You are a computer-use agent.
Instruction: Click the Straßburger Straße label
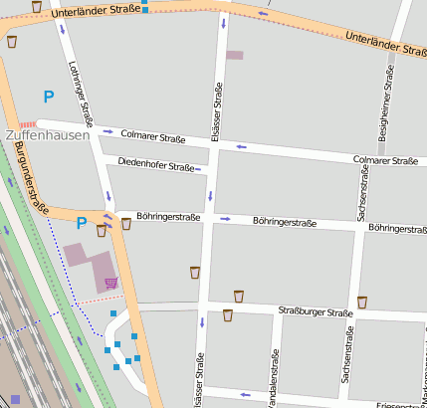pyautogui.click(x=316, y=312)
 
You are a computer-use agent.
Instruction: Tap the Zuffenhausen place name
pyautogui.click(x=47, y=133)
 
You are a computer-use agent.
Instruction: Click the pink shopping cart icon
pyautogui.click(x=111, y=284)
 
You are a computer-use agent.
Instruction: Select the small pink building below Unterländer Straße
pyautogui.click(x=234, y=55)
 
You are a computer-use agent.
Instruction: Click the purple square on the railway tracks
pyautogui.click(x=15, y=399)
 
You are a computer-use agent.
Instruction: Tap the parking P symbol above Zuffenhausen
pyautogui.click(x=48, y=98)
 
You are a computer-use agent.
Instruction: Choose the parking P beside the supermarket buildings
pyautogui.click(x=81, y=224)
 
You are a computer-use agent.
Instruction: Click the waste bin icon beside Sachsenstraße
pyautogui.click(x=361, y=302)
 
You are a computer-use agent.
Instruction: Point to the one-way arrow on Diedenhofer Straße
pyautogui.click(x=198, y=169)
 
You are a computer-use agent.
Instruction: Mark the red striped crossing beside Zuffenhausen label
pyautogui.click(x=28, y=124)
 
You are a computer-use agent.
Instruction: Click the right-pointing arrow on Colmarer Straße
pyautogui.click(x=108, y=130)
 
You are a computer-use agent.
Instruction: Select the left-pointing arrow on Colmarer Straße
pyautogui.click(x=241, y=147)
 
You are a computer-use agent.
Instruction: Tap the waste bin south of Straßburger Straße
pyautogui.click(x=228, y=315)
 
